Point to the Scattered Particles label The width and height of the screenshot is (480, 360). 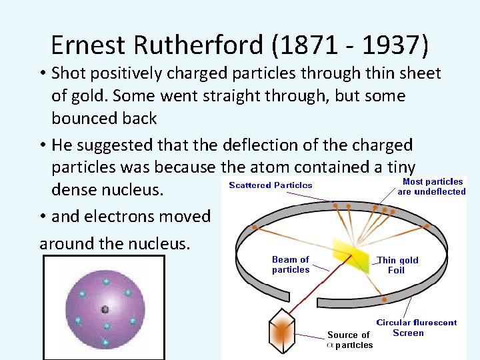coord(271,185)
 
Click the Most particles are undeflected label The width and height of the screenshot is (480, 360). coord(432,186)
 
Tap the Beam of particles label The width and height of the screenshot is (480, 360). coord(291,265)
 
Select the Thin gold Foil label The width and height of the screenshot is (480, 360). coord(397,265)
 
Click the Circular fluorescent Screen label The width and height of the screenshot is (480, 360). coord(417,327)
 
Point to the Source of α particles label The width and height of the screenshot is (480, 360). coord(349,339)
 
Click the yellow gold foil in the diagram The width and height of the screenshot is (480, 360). coord(353,257)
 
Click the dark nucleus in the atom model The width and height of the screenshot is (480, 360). coord(104,309)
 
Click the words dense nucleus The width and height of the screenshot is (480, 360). coord(107,190)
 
